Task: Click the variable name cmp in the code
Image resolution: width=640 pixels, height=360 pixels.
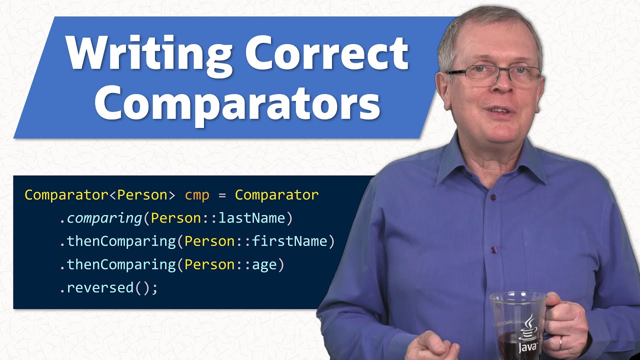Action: (197, 195)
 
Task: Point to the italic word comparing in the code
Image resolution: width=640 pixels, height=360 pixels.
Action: (104, 218)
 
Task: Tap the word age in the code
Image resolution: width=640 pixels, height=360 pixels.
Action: (264, 265)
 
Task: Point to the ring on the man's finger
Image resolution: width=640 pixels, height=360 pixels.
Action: (560, 343)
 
